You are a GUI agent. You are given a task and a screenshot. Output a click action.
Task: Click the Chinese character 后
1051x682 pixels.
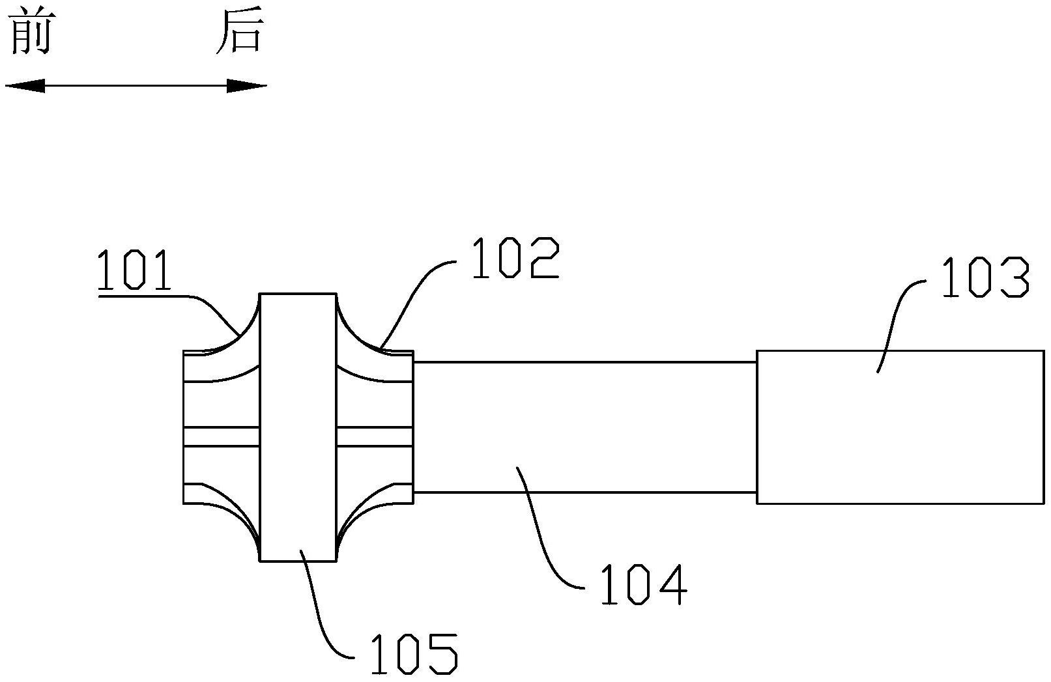(240, 33)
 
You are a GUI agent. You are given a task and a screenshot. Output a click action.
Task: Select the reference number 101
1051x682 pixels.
(135, 270)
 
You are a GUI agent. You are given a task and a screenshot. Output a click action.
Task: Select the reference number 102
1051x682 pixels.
(515, 259)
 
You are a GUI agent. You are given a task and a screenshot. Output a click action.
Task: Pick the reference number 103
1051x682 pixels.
(986, 278)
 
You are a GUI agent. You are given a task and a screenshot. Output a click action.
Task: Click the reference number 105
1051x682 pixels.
(414, 653)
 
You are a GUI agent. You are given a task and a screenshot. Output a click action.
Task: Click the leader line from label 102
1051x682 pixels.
(417, 293)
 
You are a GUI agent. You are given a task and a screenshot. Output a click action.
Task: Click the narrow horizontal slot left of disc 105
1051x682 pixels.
(222, 436)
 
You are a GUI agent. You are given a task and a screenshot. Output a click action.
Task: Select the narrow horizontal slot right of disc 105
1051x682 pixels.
(375, 436)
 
